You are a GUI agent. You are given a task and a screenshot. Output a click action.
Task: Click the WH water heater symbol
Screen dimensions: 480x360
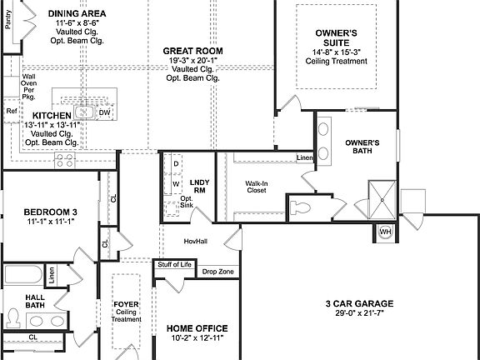[385, 232]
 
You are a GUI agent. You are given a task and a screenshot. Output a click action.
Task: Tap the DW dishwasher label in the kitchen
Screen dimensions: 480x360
[105, 112]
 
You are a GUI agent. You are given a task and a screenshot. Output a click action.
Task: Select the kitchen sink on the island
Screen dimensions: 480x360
[84, 112]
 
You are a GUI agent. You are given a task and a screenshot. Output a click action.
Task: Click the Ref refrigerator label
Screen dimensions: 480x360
[12, 111]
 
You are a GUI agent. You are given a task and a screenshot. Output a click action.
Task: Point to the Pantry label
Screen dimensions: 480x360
[8, 20]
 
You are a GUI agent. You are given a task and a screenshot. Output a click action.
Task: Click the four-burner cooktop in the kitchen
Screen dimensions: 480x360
[65, 160]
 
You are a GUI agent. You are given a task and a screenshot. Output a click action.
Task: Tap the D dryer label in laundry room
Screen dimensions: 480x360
[176, 164]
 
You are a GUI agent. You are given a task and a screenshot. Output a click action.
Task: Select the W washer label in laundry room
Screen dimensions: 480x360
[176, 184]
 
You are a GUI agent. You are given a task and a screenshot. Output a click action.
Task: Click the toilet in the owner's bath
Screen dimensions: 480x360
[300, 207]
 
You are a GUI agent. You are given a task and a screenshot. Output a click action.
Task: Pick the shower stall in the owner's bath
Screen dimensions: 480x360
[382, 200]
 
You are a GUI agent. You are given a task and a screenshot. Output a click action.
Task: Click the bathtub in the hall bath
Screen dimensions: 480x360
[23, 274]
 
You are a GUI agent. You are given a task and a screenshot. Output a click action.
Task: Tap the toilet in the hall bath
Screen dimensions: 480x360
[12, 318]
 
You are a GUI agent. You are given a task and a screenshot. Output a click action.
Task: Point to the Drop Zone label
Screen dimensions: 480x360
[218, 272]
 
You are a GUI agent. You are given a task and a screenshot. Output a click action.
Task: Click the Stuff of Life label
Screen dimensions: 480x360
[174, 264]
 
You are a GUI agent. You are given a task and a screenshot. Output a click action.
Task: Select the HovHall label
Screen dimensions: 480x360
[196, 241]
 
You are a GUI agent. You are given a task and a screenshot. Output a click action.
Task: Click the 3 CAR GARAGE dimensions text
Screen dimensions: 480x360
[359, 312]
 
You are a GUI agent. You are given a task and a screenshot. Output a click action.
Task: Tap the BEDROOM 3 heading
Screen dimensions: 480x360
[51, 212]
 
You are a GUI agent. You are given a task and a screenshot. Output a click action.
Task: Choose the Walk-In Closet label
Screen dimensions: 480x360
[257, 187]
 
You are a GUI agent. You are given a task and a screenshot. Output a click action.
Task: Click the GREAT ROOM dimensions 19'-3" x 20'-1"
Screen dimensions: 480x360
[192, 60]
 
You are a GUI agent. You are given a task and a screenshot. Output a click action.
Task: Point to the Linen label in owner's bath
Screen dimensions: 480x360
[305, 157]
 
